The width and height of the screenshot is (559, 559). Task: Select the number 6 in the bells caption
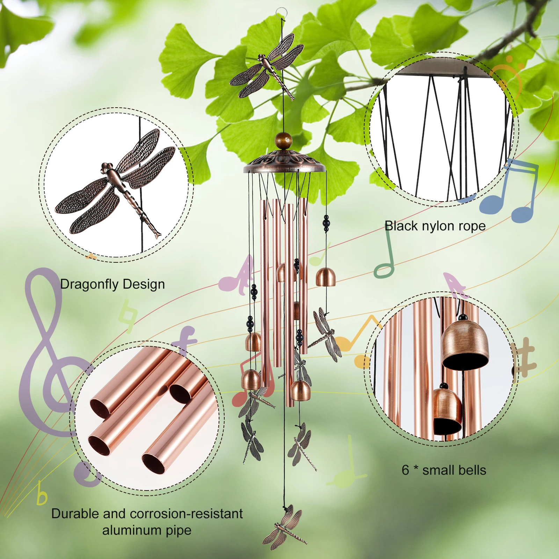(x=405, y=470)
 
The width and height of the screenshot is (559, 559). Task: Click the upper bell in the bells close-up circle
(x=464, y=344)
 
